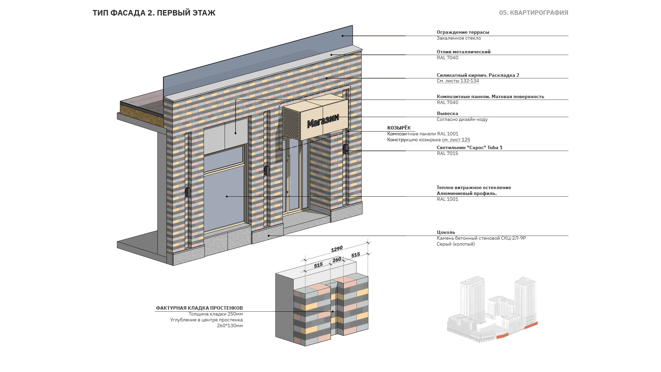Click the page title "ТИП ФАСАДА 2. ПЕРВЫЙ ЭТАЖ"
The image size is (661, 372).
tap(154, 13)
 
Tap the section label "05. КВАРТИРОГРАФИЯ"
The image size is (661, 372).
tap(534, 13)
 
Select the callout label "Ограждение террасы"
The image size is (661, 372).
tap(463, 32)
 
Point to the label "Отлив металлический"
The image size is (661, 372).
tap(463, 52)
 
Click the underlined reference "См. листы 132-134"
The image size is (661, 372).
tap(458, 81)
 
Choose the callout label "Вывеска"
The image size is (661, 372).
tap(447, 113)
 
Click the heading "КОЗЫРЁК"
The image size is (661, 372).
tap(399, 128)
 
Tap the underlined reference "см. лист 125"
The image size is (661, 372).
tap(456, 139)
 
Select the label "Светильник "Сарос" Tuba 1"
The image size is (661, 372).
tap(470, 147)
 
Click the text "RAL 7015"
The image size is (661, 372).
tap(447, 153)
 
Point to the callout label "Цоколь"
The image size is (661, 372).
tap(446, 232)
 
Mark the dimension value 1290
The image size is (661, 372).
tap(337, 249)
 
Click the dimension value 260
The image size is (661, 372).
tap(337, 260)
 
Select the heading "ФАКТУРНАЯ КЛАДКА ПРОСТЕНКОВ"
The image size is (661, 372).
tap(199, 308)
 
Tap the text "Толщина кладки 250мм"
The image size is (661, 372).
tap(216, 314)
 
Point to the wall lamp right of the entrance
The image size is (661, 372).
tap(345, 149)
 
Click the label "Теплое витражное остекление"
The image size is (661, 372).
tap(474, 187)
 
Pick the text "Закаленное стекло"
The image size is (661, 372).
tap(459, 38)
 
